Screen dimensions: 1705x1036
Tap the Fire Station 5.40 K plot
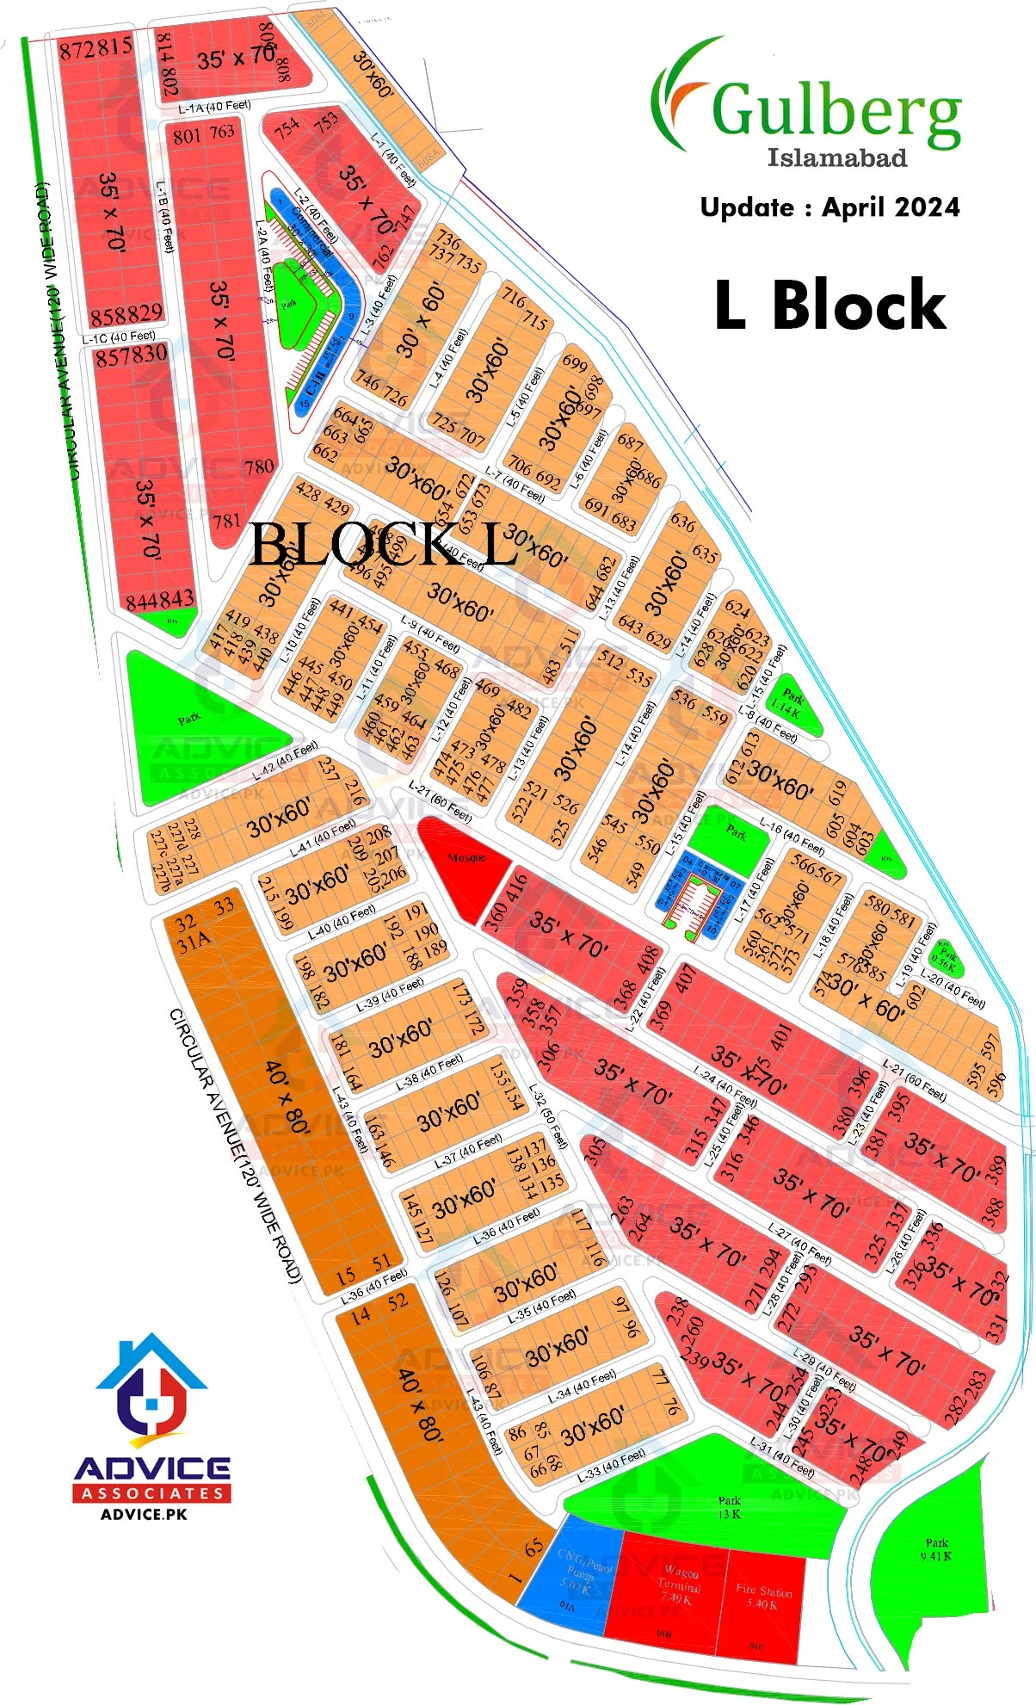click(x=764, y=1603)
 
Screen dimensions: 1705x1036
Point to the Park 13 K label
click(x=729, y=1507)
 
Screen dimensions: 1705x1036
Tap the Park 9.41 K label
click(x=936, y=1549)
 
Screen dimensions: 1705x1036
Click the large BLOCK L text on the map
click(x=384, y=545)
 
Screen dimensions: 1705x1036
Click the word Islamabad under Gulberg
click(x=836, y=158)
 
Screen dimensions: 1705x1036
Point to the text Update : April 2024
click(x=829, y=207)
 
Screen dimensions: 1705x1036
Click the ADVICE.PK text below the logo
click(x=144, y=1514)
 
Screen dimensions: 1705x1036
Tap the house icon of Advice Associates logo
click(x=151, y=1386)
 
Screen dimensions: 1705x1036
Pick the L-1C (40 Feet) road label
click(x=119, y=337)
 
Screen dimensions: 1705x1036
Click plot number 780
click(x=259, y=467)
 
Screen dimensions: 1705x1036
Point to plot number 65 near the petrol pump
click(x=533, y=1547)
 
